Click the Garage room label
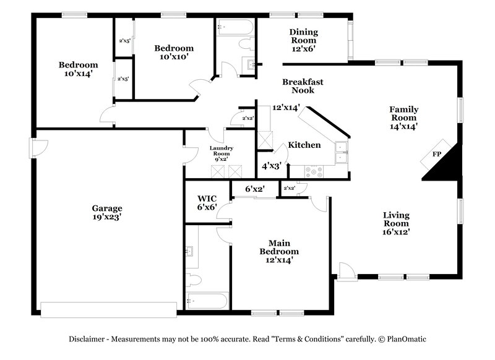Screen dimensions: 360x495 [108, 208]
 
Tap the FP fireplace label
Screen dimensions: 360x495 [436, 154]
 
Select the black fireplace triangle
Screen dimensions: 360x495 [447, 162]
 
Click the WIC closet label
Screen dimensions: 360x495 [206, 199]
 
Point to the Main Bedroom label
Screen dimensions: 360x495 [283, 247]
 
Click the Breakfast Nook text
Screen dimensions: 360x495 [303, 86]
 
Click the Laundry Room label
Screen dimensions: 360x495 [220, 150]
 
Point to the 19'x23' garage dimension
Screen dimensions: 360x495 [108, 217]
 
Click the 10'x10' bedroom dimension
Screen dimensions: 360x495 [174, 57]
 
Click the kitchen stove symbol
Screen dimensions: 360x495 [314, 173]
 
